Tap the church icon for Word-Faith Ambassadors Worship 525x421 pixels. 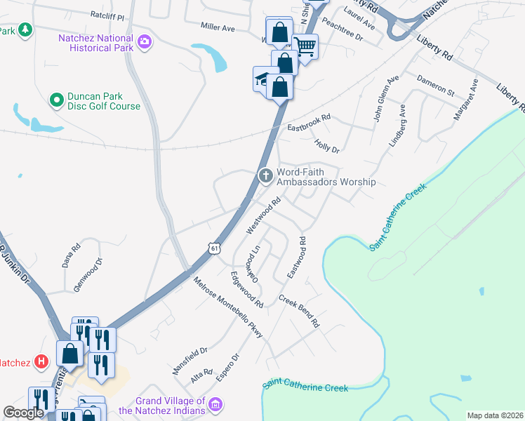click(265, 175)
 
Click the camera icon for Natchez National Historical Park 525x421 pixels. click(145, 42)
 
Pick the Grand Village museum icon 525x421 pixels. click(215, 405)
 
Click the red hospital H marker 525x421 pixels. click(41, 362)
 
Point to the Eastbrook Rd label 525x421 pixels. click(309, 123)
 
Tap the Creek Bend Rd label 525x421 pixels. click(298, 312)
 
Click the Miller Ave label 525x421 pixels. click(218, 27)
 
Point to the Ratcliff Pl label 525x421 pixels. click(107, 15)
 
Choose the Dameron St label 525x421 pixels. click(435, 85)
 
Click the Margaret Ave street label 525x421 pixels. click(465, 100)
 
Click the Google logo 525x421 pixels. click(23, 413)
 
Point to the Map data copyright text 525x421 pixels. click(494, 415)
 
